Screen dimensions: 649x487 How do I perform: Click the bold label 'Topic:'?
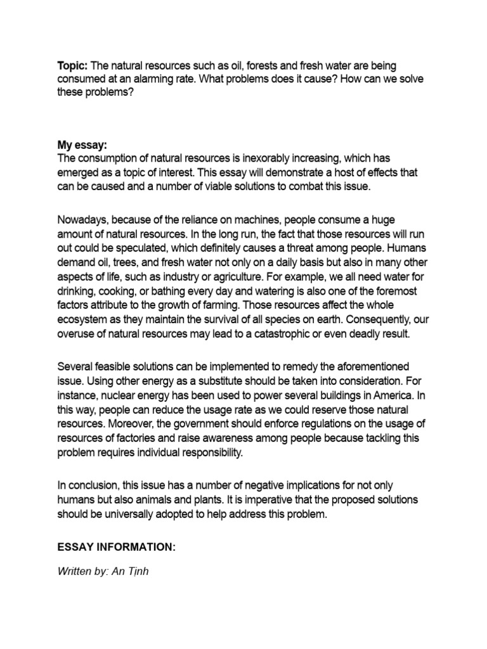click(73, 66)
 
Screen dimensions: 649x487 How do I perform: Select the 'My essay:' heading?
click(81, 146)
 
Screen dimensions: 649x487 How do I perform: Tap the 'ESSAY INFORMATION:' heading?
click(116, 547)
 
